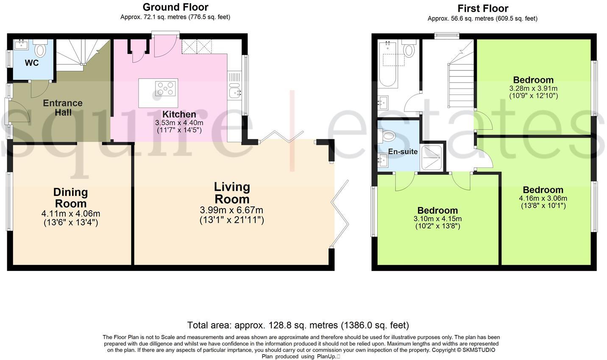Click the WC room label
coord(32,63)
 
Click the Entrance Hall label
coord(63,108)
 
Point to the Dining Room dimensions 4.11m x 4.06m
coord(71,214)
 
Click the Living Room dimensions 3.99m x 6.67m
coord(231,210)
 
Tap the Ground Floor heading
coord(175,7)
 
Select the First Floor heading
coord(483,8)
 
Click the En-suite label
coord(403,151)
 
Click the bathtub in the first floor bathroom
coord(388,64)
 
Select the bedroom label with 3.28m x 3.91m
coord(533,80)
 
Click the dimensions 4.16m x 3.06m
coord(543,198)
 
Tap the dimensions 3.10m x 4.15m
coord(437,219)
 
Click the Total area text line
coord(298,325)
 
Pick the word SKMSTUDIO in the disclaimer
coord(479,350)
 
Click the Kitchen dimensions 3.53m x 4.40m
coord(179,123)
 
